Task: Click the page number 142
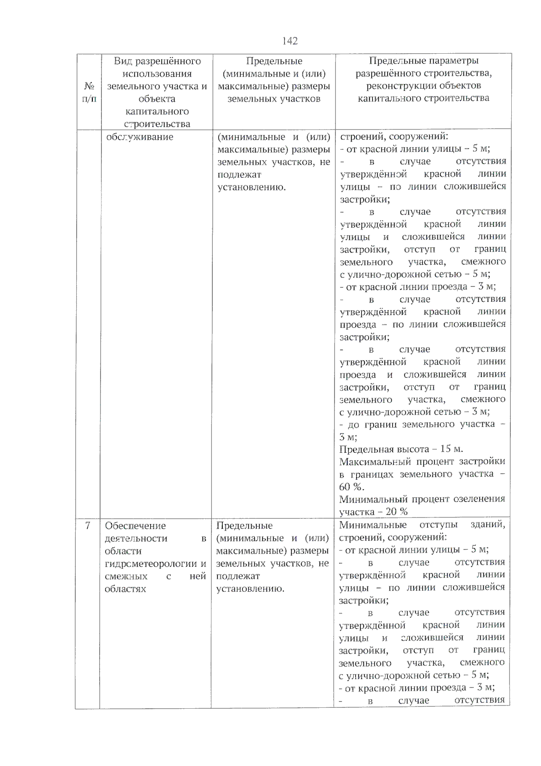click(x=290, y=41)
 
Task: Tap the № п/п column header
click(x=89, y=92)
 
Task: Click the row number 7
click(x=88, y=526)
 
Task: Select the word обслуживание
click(x=139, y=137)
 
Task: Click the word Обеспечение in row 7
click(x=135, y=526)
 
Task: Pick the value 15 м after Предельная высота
click(x=451, y=449)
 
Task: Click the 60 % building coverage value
click(x=351, y=487)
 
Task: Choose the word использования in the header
click(x=157, y=74)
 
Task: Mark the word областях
click(x=125, y=589)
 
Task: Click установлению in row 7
click(x=250, y=589)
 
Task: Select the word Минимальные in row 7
click(x=372, y=525)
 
